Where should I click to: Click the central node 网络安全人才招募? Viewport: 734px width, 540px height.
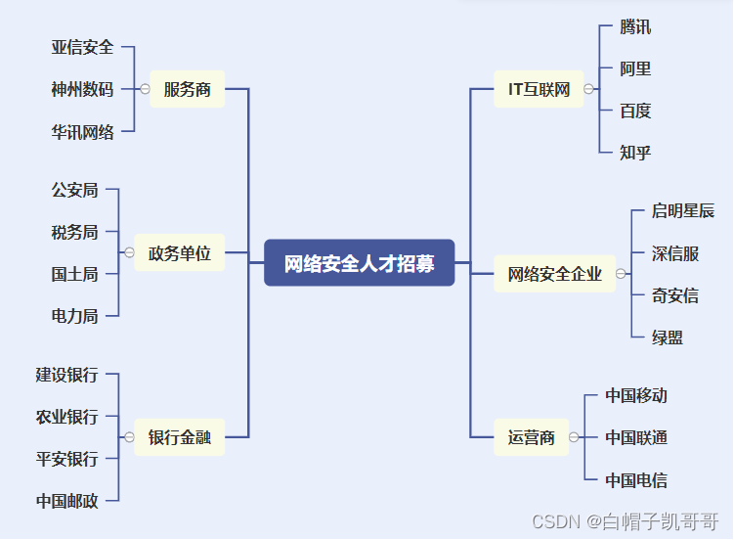click(x=360, y=263)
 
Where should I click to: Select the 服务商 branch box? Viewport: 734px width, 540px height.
click(x=187, y=89)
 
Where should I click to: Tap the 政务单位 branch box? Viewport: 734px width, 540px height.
click(x=180, y=252)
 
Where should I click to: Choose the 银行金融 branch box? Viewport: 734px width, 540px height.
click(x=180, y=437)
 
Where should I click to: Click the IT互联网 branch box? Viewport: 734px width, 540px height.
click(x=539, y=89)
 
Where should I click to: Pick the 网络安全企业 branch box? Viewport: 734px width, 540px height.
click(x=554, y=274)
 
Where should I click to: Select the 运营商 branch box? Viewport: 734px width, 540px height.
click(x=532, y=437)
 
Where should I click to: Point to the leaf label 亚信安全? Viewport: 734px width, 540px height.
click(x=82, y=47)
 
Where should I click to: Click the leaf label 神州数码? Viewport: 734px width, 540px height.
click(x=82, y=89)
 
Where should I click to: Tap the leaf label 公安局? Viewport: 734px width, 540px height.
click(x=74, y=190)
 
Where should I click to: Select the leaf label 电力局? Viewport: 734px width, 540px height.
click(x=74, y=315)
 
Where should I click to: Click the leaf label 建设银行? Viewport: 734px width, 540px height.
click(x=66, y=374)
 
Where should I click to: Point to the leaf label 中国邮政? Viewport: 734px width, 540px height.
click(x=66, y=500)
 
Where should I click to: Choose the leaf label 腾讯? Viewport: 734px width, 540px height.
click(x=635, y=26)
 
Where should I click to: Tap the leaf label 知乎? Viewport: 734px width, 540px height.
click(x=635, y=152)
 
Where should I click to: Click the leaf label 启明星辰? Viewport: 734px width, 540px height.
click(x=683, y=210)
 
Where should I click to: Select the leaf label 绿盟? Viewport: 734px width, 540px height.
click(x=668, y=337)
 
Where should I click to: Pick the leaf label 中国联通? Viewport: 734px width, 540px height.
click(x=636, y=437)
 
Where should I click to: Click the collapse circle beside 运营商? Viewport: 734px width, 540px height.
click(x=574, y=437)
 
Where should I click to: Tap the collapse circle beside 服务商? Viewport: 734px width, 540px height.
click(x=145, y=89)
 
